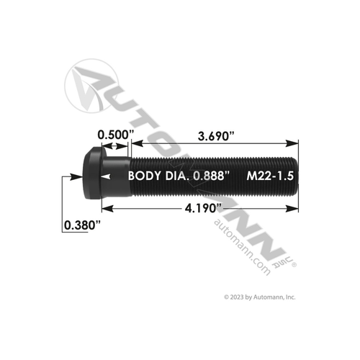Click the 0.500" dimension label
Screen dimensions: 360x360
click(x=117, y=134)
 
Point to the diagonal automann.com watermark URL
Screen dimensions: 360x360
click(x=242, y=248)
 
